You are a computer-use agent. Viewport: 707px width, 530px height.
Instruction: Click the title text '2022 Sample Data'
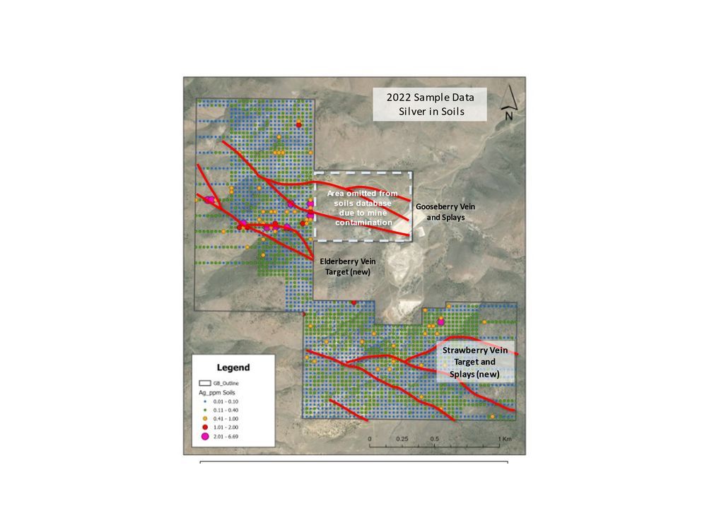[x=430, y=98]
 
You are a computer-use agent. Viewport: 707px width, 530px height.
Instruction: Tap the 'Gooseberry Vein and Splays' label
[x=445, y=211]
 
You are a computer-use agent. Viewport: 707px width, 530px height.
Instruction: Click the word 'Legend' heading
[x=233, y=367]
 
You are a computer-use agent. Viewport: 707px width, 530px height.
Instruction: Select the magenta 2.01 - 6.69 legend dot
[x=205, y=436]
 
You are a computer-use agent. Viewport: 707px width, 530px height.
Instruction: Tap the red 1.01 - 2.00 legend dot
[x=205, y=426]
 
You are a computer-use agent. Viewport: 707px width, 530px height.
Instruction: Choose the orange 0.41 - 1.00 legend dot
[x=205, y=418]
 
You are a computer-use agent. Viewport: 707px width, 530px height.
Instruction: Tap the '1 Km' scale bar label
[x=504, y=439]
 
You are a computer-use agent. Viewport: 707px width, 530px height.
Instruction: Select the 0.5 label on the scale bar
[x=436, y=439]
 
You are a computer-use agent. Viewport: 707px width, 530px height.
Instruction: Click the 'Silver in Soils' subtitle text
[x=430, y=112]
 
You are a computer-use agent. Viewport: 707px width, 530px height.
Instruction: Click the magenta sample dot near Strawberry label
[x=441, y=322]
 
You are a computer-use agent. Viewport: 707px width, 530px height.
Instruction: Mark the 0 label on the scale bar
[x=370, y=439]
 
